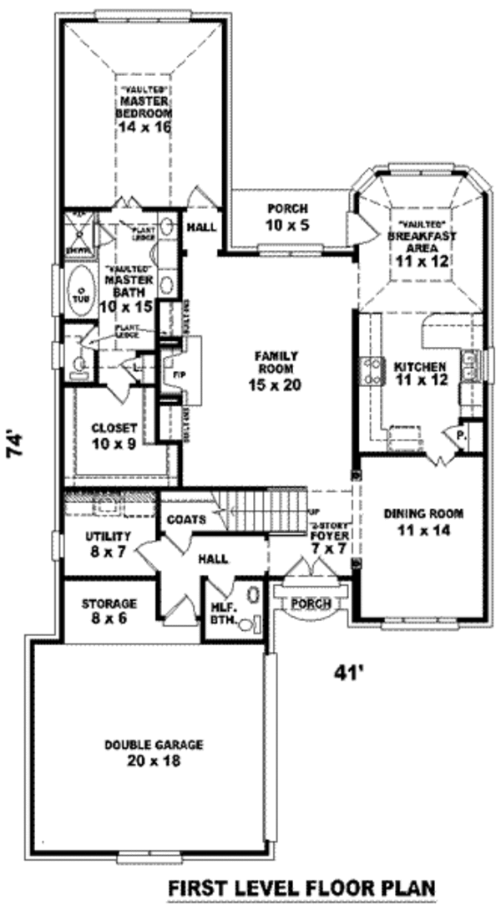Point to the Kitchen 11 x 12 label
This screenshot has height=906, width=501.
tap(421, 373)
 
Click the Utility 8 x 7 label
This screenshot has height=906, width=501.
tap(109, 543)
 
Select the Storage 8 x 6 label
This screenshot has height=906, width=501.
tap(109, 610)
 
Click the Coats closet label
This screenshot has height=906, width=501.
tap(185, 519)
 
